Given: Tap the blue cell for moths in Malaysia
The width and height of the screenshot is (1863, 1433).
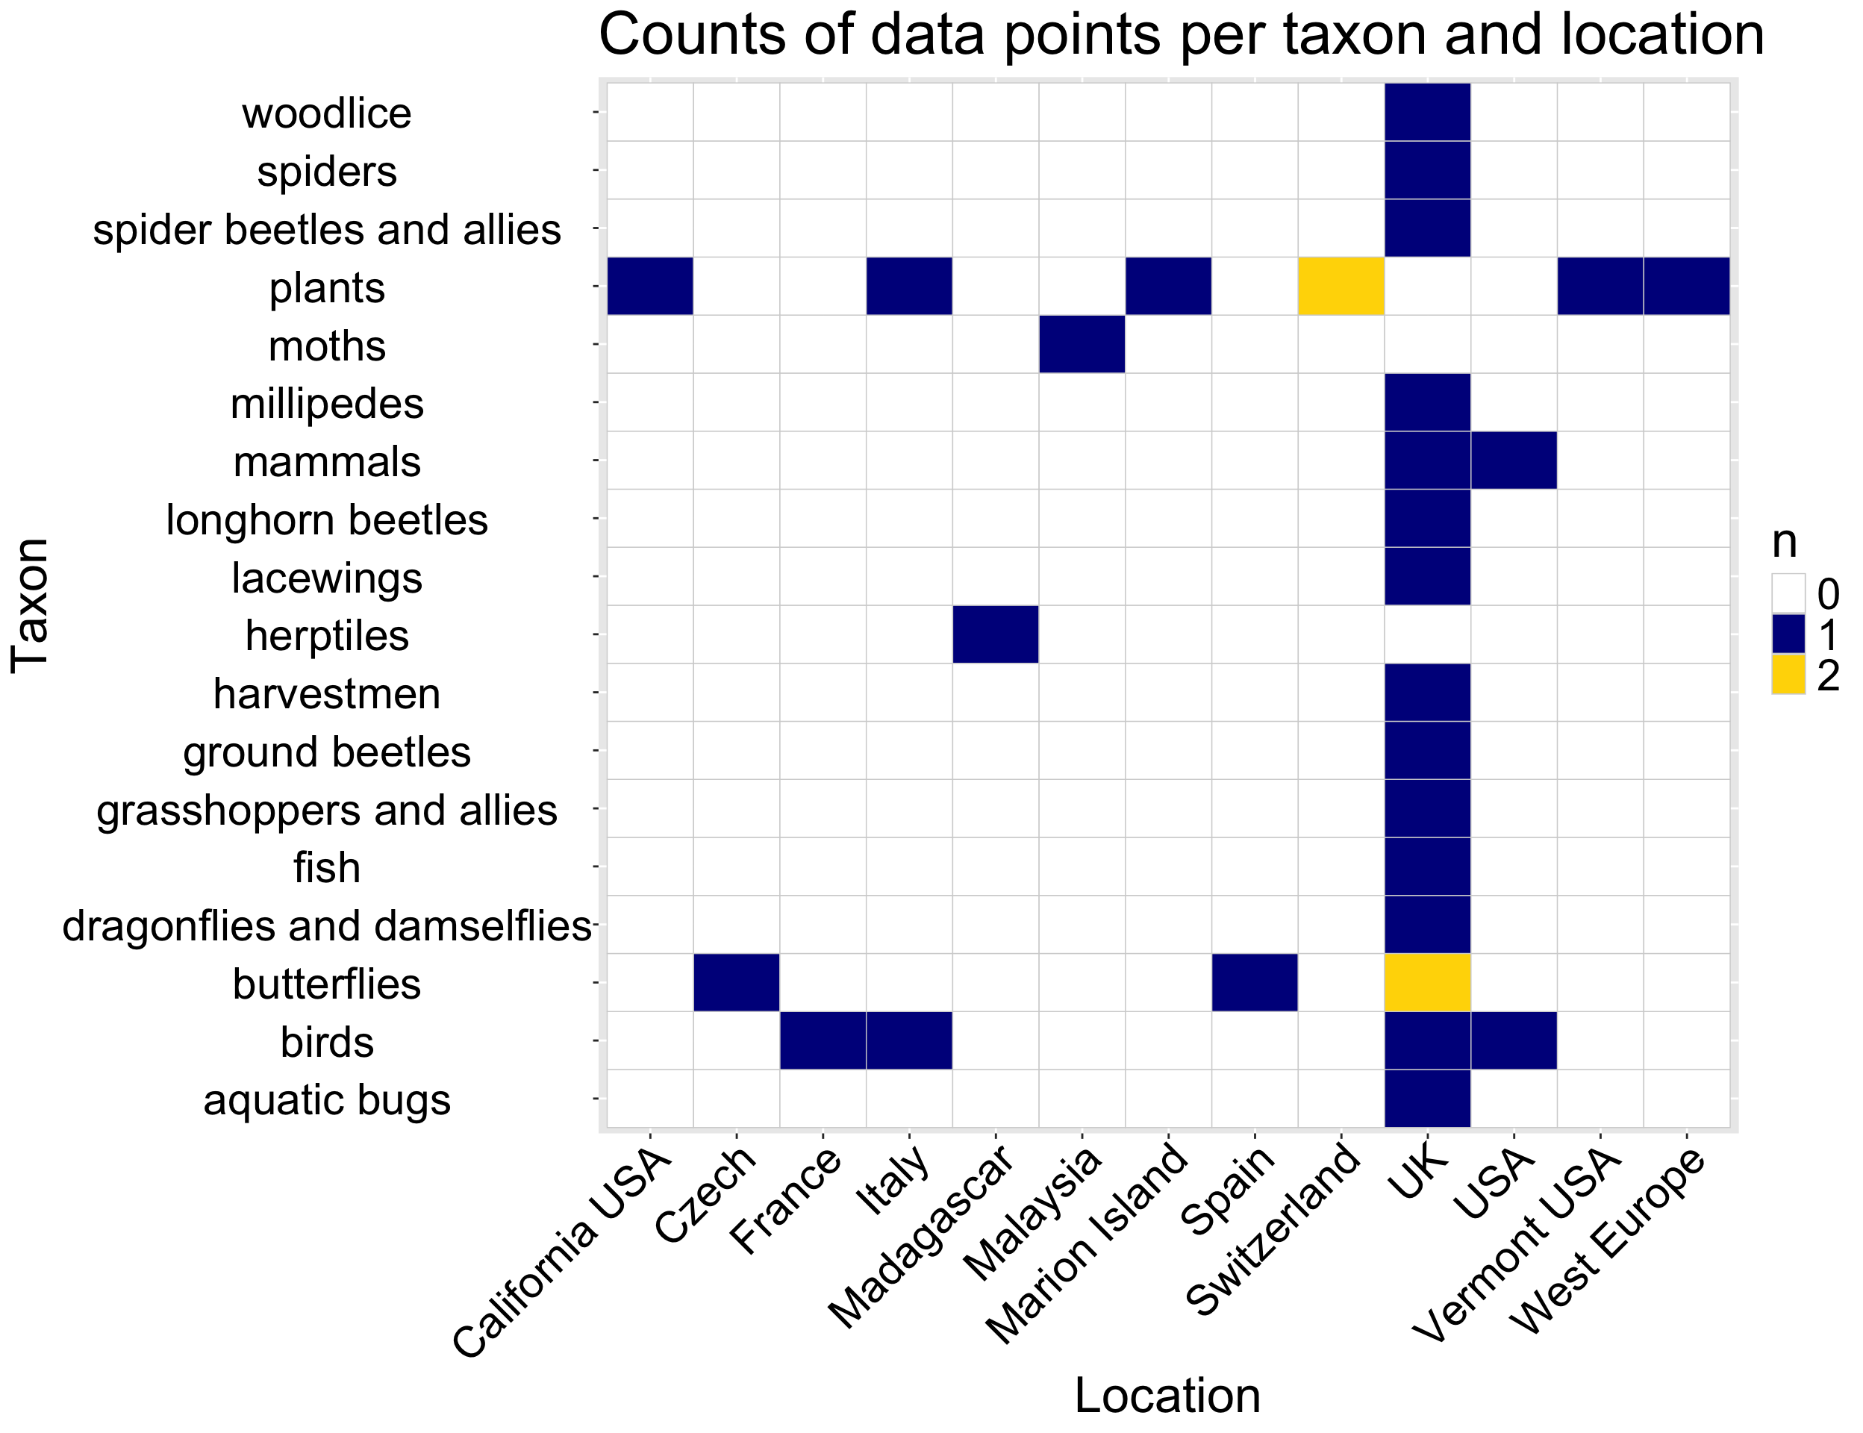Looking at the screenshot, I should pyautogui.click(x=1082, y=345).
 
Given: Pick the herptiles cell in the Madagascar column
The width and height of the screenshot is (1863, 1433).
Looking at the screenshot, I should pyautogui.click(x=995, y=634).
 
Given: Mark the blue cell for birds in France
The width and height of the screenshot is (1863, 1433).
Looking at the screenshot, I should pyautogui.click(x=823, y=1040).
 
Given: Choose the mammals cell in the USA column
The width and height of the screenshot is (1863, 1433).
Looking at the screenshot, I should pyautogui.click(x=1513, y=461).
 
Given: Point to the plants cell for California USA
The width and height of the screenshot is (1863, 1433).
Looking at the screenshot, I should pyautogui.click(x=649, y=287).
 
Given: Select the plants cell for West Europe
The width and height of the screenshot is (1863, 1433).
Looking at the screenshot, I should pyautogui.click(x=1686, y=287).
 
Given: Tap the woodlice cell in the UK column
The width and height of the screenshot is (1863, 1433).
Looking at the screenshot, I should pyautogui.click(x=1427, y=113).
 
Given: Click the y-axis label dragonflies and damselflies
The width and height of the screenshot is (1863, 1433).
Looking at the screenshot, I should pyautogui.click(x=327, y=926).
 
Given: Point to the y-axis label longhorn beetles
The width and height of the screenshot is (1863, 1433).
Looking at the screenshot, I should pyautogui.click(x=327, y=520).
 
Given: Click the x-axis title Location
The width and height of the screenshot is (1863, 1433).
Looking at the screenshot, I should pyautogui.click(x=1167, y=1396).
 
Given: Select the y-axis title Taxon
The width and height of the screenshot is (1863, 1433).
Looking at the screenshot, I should pyautogui.click(x=31, y=605).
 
